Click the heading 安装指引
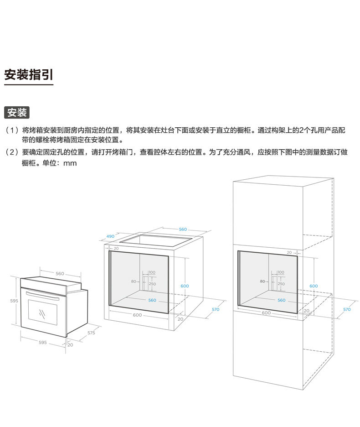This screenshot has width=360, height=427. click(29, 75)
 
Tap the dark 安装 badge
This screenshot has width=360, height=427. click(17, 112)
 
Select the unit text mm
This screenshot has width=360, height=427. click(70, 163)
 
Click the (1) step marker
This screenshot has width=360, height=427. click(12, 130)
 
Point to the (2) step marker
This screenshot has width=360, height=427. click(12, 152)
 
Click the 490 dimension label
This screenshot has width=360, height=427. click(110, 236)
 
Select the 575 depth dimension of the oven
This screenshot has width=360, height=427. click(91, 333)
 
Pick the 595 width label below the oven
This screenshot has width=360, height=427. click(42, 342)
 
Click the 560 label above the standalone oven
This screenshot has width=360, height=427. click(60, 274)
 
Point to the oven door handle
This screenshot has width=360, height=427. click(42, 295)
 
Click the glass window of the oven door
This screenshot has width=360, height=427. click(42, 313)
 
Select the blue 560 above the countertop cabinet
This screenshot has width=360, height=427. click(183, 229)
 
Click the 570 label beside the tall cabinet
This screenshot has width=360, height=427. click(347, 309)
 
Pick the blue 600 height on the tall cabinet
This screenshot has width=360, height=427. click(314, 286)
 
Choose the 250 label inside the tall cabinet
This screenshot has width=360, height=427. click(281, 284)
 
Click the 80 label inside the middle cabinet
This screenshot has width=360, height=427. click(134, 281)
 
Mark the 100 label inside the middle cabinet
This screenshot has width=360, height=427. click(152, 272)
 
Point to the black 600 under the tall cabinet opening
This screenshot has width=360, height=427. click(266, 313)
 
